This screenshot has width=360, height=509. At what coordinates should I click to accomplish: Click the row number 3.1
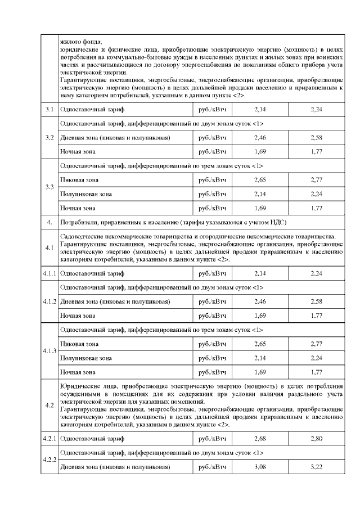49,109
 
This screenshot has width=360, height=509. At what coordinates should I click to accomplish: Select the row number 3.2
49,137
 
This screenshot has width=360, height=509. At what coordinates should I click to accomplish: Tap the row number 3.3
49,187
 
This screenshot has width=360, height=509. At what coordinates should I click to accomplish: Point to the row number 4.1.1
49,273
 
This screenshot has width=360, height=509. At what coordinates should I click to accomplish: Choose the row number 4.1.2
49,301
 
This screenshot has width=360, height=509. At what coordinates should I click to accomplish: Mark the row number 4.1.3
49,352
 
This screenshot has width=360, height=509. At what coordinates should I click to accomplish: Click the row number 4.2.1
49,438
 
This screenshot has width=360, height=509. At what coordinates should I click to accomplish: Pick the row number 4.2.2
49,460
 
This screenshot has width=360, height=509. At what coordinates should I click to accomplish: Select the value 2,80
316,438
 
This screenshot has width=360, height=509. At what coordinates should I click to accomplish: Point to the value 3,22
316,466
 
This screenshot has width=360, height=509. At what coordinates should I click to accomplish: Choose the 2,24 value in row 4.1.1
316,273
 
